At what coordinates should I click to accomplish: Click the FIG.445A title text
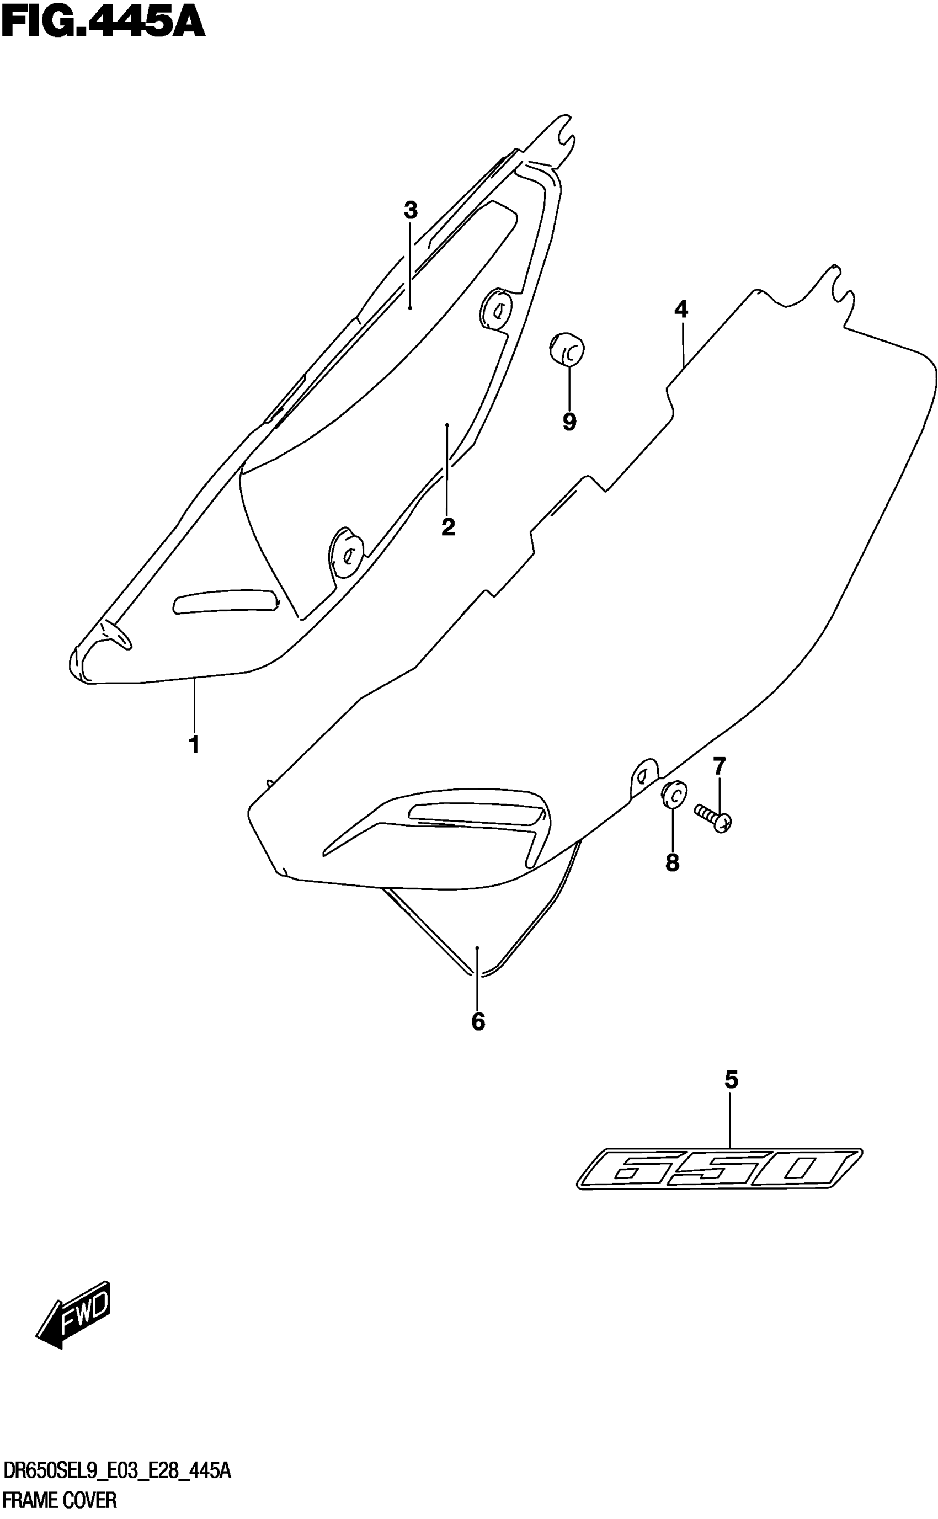point(103,23)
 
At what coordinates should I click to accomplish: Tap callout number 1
point(194,744)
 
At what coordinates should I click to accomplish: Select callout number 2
point(448,527)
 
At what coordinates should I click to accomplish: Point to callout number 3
point(410,210)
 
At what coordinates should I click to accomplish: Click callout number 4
point(681,309)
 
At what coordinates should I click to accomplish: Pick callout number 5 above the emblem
point(732,1080)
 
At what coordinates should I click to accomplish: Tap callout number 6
point(478,1021)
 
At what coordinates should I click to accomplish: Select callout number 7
point(719,766)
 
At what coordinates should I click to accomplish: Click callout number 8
point(673,863)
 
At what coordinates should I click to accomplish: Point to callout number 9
point(569,422)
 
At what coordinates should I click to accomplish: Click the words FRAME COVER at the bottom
point(60,1500)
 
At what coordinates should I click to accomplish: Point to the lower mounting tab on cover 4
point(644,776)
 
